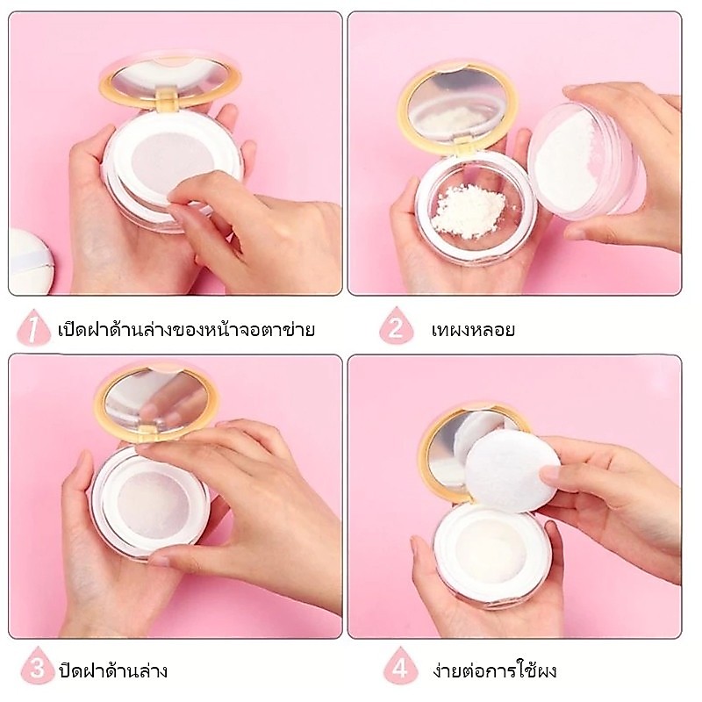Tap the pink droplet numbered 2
pos(396,326)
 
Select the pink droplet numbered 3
pos(38,666)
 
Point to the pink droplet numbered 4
pos(400,666)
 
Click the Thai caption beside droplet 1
pos(186,329)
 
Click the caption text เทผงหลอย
pos(473,331)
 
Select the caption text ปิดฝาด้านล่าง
pos(113,669)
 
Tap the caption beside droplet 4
pos(495,669)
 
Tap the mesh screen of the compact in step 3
pos(152,505)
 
